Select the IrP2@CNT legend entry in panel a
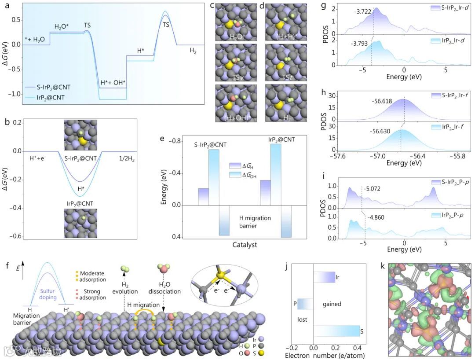coord(52,98)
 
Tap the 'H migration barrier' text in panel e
coord(255,222)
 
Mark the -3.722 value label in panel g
coord(362,12)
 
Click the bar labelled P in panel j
coord(305,304)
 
